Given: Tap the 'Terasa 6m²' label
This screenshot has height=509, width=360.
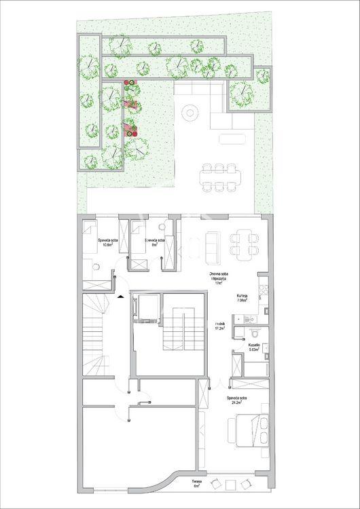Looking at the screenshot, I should click(197, 484).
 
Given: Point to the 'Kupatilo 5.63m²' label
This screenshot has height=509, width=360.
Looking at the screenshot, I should click(253, 347).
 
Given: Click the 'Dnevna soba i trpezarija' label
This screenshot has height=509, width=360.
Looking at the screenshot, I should click(218, 278).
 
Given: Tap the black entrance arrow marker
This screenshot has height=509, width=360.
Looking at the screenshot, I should click(120, 296).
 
